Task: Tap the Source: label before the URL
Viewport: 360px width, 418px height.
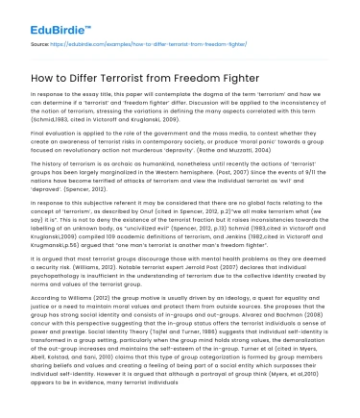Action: [x=40, y=43]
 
